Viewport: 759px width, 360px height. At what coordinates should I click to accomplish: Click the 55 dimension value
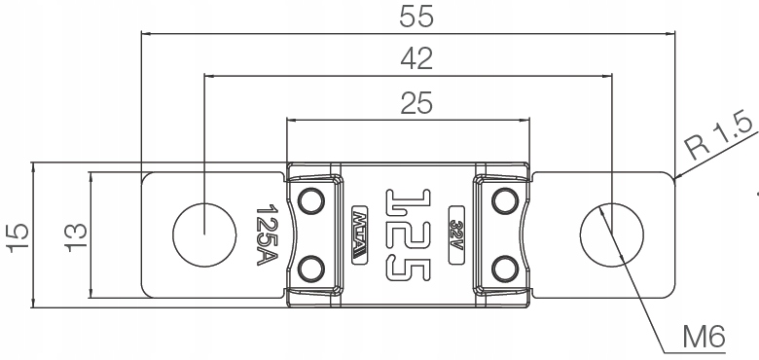pos(416,17)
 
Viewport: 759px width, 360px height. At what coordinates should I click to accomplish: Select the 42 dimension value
pos(416,59)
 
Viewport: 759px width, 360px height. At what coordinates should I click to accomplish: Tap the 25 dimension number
pos(416,103)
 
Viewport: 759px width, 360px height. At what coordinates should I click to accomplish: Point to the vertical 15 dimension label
pos(18,237)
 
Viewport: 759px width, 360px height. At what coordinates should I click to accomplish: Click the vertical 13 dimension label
pos(77,237)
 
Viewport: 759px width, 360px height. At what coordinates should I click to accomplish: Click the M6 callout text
pos(705,337)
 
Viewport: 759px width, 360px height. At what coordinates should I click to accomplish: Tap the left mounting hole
pos(204,234)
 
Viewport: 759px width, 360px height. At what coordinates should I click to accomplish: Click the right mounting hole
pos(612,234)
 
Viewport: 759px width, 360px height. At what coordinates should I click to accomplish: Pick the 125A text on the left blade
pos(267,234)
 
